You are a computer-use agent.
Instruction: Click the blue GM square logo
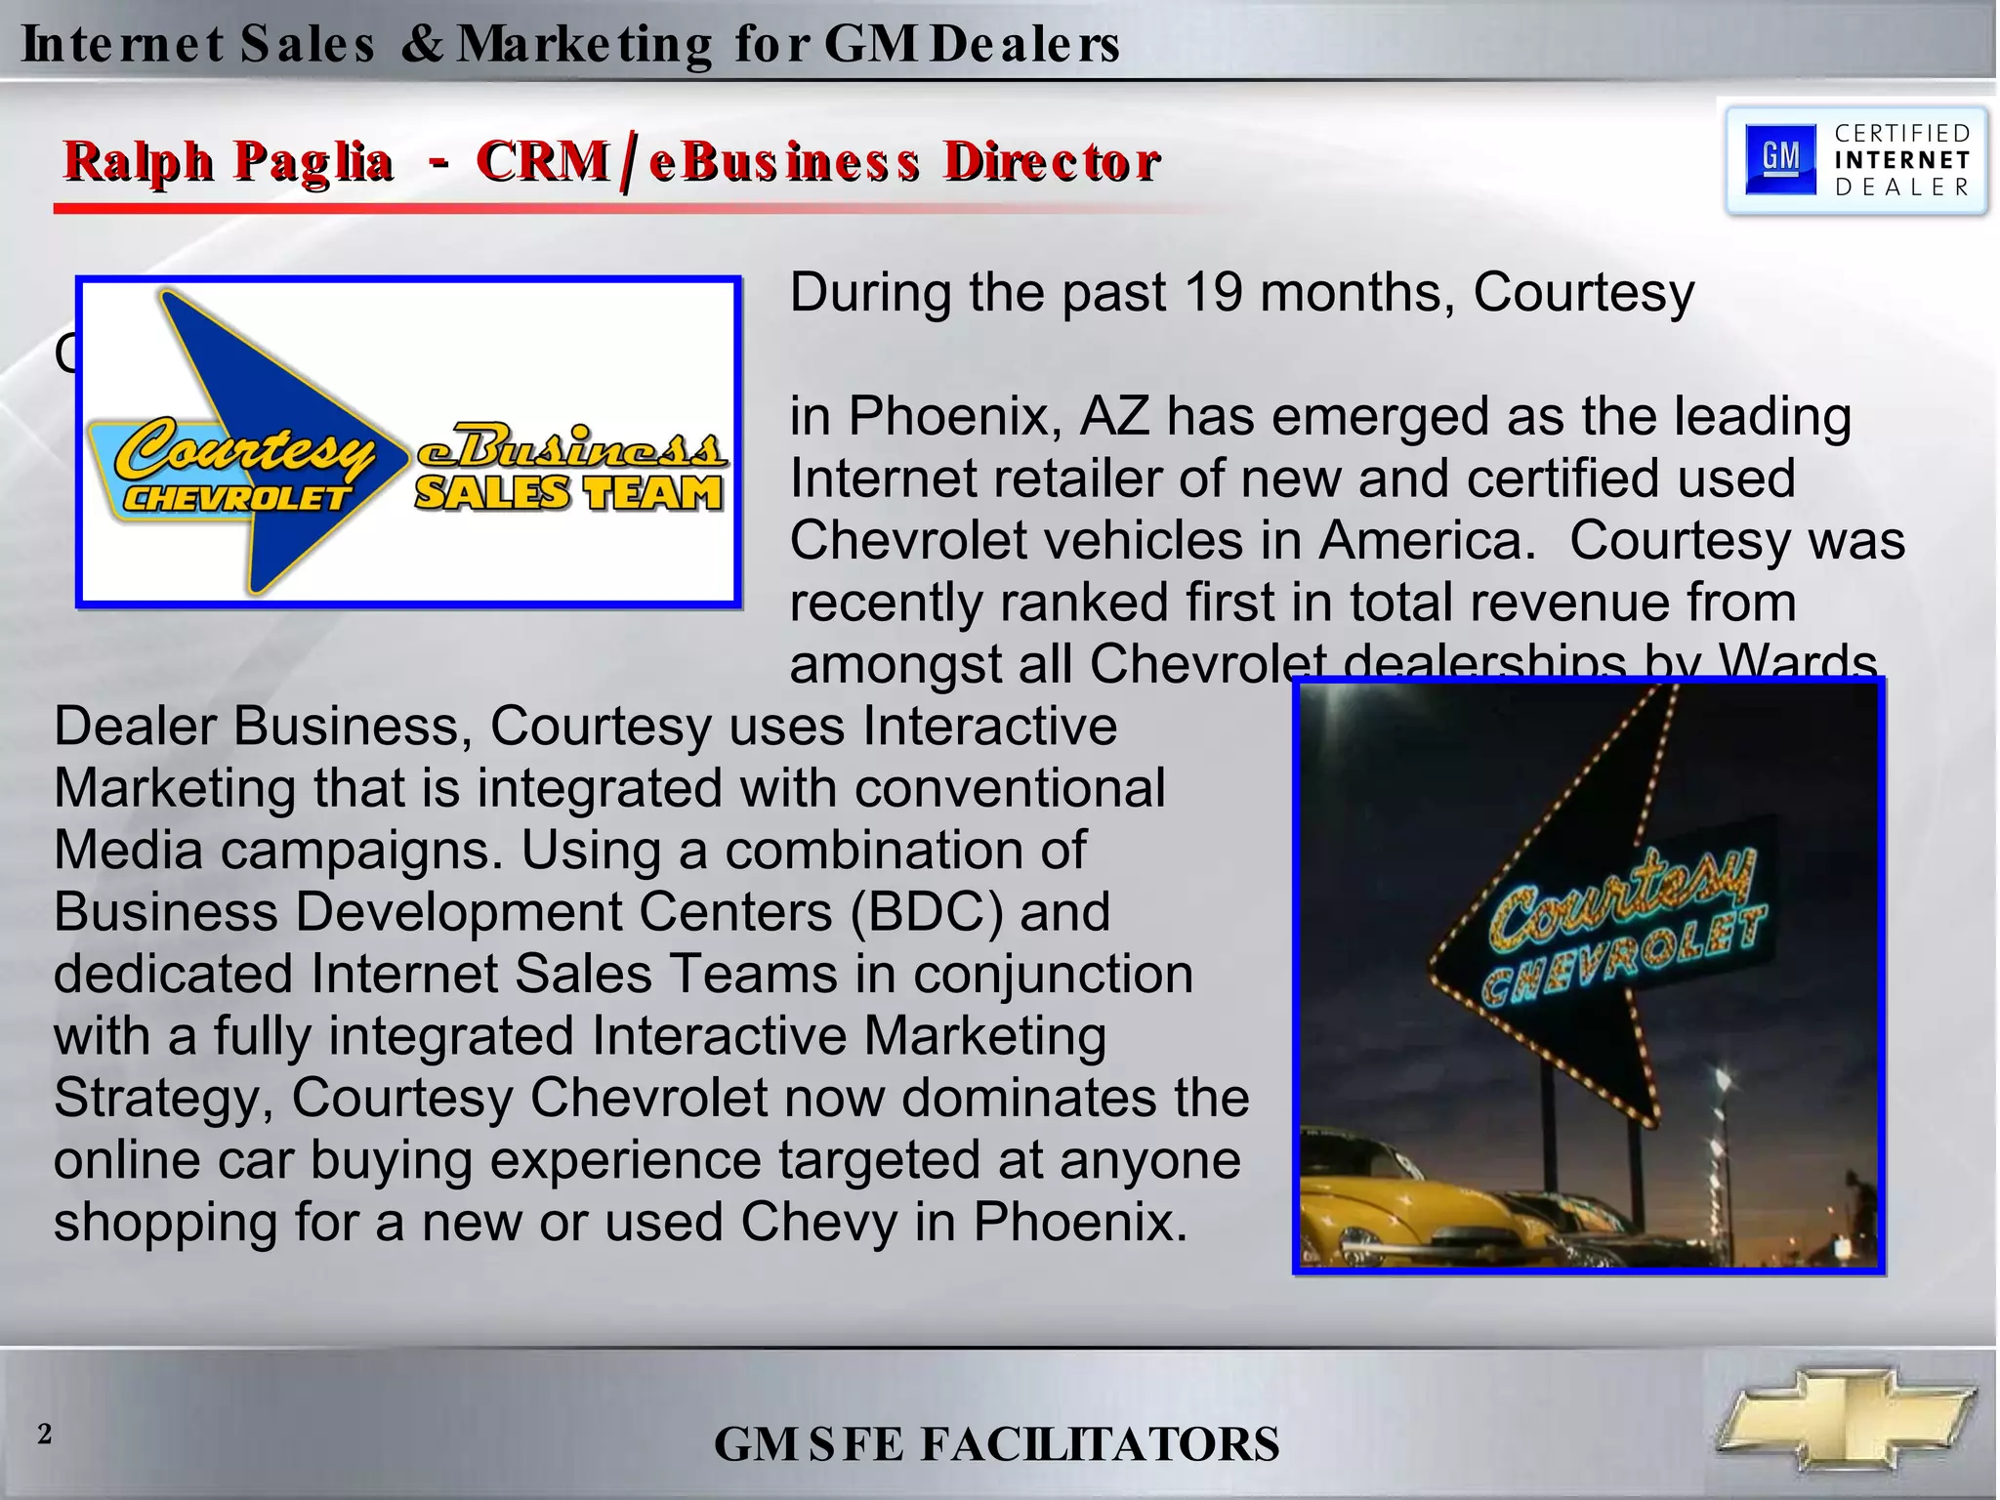point(1779,158)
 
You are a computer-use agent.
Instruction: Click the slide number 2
point(44,1434)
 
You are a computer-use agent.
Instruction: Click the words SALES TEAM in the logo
point(568,492)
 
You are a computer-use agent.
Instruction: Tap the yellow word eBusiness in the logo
point(571,448)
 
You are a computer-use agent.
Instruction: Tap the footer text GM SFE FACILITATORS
point(996,1444)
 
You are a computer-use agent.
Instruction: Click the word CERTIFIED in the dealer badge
point(1902,133)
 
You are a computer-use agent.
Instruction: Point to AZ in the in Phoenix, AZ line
point(1114,416)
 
